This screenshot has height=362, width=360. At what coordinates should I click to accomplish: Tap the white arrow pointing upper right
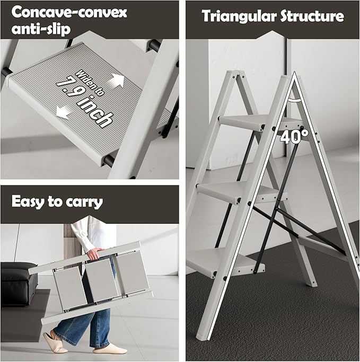[x=116, y=81]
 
